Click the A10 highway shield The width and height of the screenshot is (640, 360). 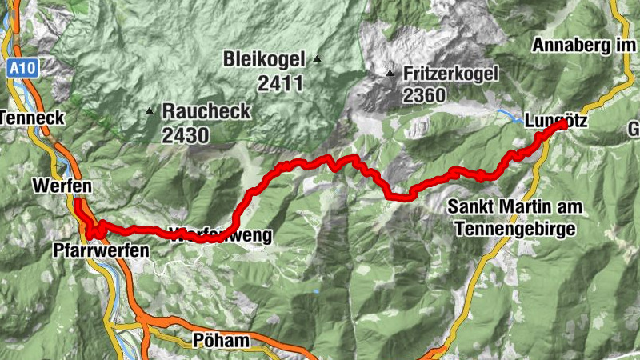tap(22, 70)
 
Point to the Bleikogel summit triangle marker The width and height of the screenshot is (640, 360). tap(318, 58)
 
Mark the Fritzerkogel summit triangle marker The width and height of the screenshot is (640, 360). tap(390, 74)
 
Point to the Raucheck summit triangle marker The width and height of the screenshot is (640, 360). tap(150, 110)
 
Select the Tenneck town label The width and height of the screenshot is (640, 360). tap(24, 117)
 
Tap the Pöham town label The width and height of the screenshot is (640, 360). tap(221, 341)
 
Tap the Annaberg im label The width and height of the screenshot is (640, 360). tap(587, 46)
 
